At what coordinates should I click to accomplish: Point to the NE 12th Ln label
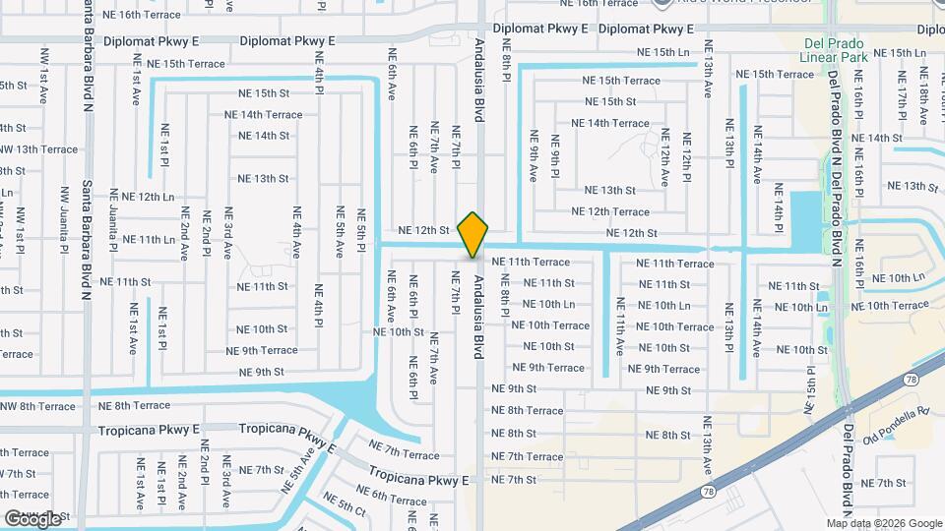click(x=143, y=197)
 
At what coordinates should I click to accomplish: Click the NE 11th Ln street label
click(x=143, y=239)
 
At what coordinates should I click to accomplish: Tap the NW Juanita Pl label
click(x=66, y=221)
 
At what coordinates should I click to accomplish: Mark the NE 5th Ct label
click(x=345, y=505)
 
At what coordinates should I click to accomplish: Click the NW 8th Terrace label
click(x=37, y=406)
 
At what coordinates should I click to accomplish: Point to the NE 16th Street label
click(x=149, y=15)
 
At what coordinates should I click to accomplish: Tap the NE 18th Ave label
click(x=923, y=94)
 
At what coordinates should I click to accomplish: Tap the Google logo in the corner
click(x=33, y=518)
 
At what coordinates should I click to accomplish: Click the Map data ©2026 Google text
click(x=884, y=523)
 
